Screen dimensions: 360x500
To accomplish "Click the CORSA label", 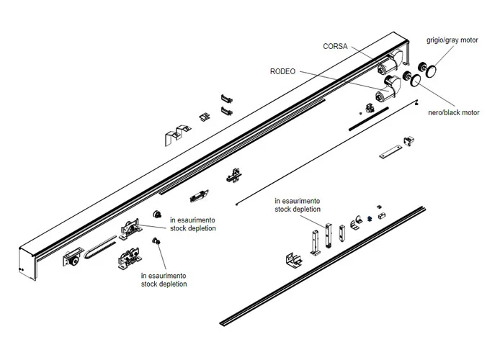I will point(336,47).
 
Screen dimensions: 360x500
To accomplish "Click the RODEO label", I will point(282,71).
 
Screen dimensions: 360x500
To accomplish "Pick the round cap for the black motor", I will point(417,81).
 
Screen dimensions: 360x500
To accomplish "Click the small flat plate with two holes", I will point(391,153).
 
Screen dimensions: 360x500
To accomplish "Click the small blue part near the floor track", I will point(369,219).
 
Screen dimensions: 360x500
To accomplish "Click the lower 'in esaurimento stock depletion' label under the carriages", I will point(164,279).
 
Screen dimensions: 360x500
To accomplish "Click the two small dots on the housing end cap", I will point(24,271).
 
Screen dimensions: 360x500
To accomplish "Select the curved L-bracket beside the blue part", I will point(354,224).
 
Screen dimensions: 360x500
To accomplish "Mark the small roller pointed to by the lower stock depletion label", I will point(155,242).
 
